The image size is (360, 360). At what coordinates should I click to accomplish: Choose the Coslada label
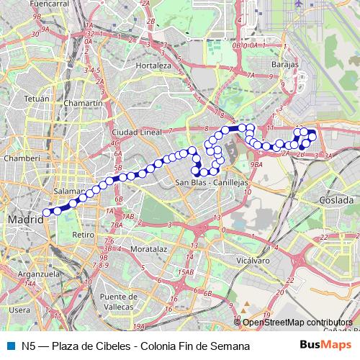[x=337, y=200]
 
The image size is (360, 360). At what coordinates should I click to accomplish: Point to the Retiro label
[x=84, y=235]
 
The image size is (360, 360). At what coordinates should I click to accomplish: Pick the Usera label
[x=19, y=310]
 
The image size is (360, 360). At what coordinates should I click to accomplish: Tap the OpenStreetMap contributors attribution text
[x=297, y=323]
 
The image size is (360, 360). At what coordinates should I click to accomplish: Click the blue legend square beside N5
[x=11, y=346]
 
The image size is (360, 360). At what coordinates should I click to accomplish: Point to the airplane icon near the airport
[x=297, y=4]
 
